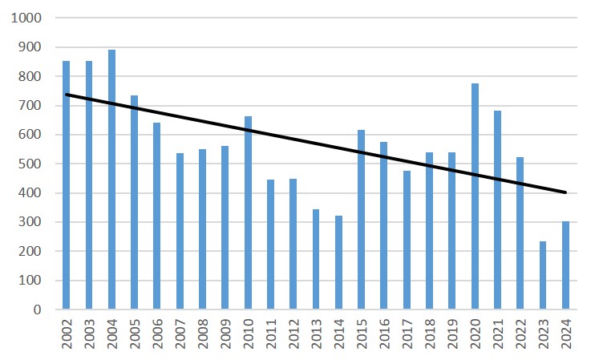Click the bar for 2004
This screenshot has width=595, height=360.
tap(111, 180)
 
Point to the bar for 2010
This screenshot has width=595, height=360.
tap(248, 212)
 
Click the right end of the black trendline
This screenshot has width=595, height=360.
tap(566, 192)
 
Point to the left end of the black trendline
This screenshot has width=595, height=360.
tap(66, 95)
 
